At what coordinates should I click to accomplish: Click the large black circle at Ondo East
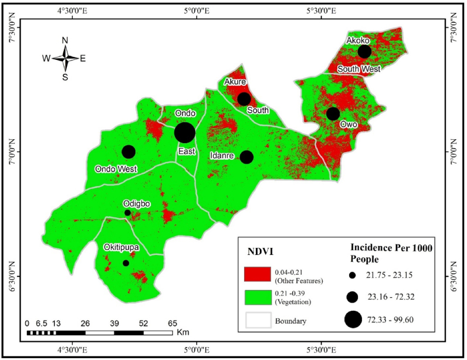(185, 133)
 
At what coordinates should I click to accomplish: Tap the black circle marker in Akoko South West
(364, 51)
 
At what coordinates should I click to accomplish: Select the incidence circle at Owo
(333, 113)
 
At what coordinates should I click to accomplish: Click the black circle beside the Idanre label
(246, 157)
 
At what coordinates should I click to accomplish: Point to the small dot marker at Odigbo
(127, 213)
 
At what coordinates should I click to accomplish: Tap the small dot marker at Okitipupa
(126, 263)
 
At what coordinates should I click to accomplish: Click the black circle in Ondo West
(128, 152)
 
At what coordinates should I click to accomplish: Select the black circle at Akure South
(244, 99)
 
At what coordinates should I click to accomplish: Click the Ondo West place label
(116, 169)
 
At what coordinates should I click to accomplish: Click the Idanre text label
(222, 156)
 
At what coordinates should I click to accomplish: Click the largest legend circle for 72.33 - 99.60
(353, 319)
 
